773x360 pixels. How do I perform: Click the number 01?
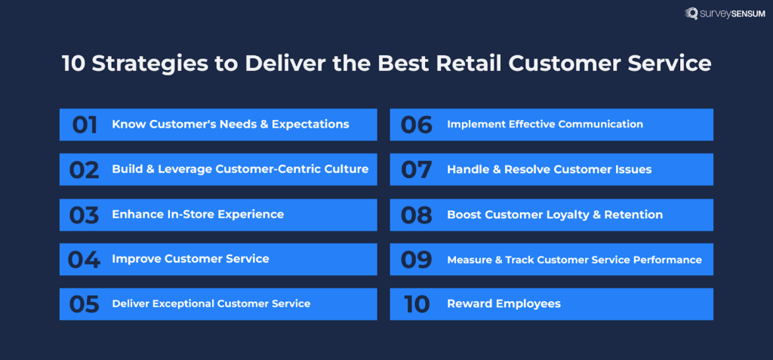click(x=85, y=125)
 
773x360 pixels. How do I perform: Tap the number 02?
click(x=84, y=170)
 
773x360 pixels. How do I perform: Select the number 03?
click(x=84, y=215)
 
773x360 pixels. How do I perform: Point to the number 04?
click(x=84, y=260)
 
